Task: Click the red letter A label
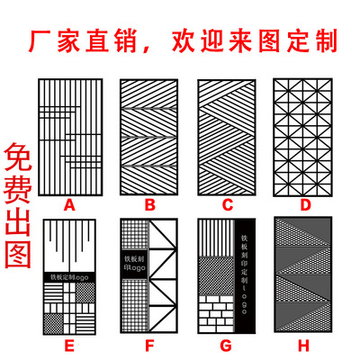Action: [69, 205]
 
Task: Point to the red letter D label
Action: [306, 205]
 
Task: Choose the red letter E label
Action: [69, 345]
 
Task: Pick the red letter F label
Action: [148, 345]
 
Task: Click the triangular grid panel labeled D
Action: [305, 137]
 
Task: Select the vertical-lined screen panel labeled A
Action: [69, 137]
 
